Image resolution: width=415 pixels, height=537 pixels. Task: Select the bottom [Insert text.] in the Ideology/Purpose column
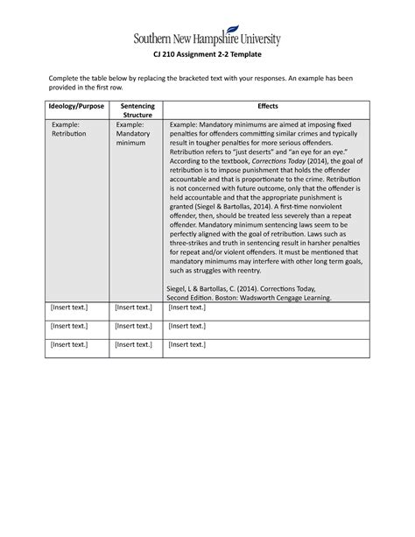click(51, 344)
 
